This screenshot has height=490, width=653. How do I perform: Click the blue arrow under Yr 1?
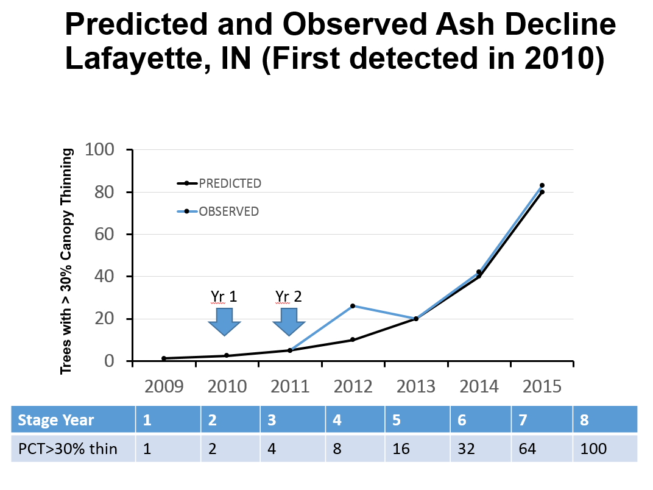coord(224,322)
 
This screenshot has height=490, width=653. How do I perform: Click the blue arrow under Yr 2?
coord(288,322)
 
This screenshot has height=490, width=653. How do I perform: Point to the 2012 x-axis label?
coord(353,386)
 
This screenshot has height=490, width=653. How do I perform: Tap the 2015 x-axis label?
coord(542,386)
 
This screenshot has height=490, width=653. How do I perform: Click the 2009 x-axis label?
coord(164,386)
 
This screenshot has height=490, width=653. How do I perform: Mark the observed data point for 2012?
coord(353,306)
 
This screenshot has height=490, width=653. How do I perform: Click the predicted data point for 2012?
coord(353,339)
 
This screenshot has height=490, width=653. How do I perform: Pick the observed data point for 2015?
coord(542,185)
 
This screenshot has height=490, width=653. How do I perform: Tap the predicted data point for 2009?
coord(164,358)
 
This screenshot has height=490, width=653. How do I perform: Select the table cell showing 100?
coord(594,449)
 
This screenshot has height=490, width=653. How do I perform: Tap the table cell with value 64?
coord(527,449)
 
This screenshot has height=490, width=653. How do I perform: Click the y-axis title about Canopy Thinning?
coord(66,260)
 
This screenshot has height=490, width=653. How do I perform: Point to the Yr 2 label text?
coord(288,297)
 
